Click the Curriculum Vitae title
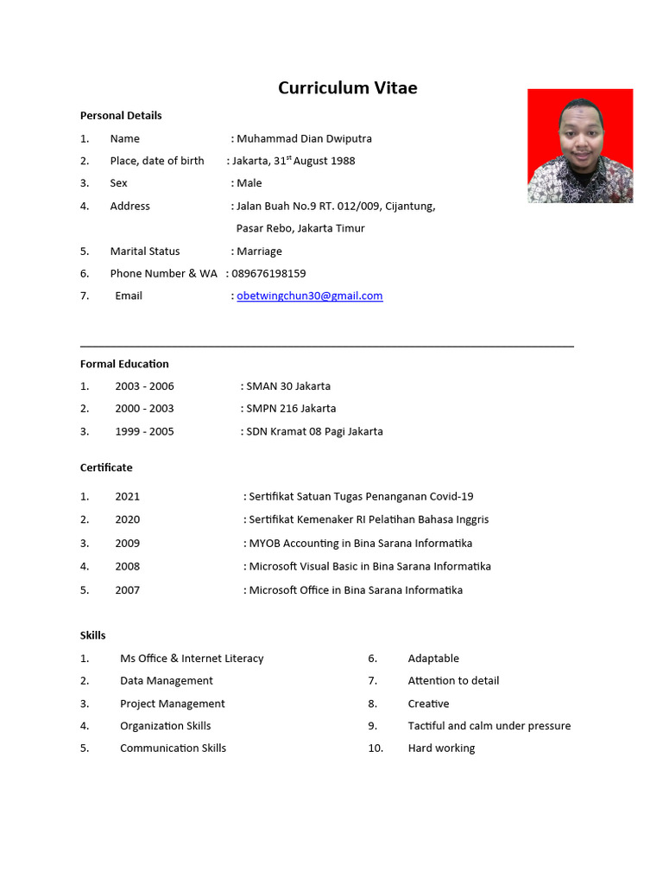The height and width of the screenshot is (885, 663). coord(347,88)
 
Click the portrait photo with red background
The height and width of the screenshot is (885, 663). coord(580,146)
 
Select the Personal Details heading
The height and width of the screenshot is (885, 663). coord(121,116)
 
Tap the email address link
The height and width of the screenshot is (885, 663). coord(309,296)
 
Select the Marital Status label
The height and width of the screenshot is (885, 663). coord(145,251)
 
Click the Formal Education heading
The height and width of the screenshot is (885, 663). coord(124,364)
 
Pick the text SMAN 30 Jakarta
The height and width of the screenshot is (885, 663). coord(288,386)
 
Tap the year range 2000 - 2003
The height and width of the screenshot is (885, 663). coord(144,409)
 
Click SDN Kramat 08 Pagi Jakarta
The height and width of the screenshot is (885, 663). coord(314,431)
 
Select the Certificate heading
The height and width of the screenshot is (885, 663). coord(106,468)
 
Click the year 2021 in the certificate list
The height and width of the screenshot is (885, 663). coord(127,497)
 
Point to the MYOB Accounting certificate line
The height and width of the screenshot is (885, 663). coord(361,544)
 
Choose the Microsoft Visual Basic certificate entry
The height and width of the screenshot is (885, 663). coord(369,567)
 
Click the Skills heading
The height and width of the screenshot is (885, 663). coord(93,635)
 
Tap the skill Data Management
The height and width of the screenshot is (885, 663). coord(167,681)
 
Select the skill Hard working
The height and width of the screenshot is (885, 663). coord(441,748)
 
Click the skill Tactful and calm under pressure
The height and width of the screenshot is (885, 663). coord(489,726)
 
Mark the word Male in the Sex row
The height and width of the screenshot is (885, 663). coord(249,183)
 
